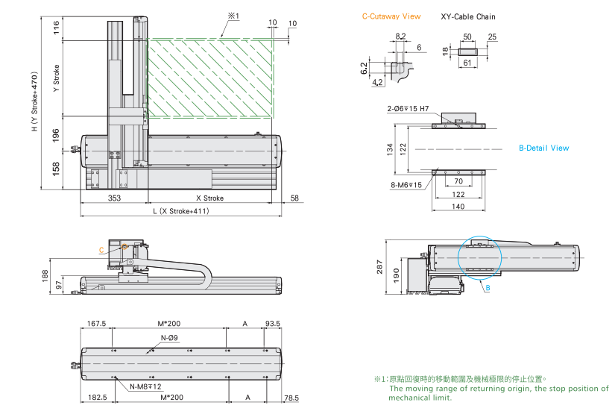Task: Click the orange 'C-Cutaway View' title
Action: (391, 16)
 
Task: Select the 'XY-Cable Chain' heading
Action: (467, 16)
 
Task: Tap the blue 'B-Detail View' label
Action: (543, 148)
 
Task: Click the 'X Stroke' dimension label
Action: (209, 198)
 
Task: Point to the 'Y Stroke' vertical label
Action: (57, 78)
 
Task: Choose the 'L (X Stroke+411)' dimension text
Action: (181, 211)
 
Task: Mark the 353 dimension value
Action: (114, 198)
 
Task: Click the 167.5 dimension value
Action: (97, 323)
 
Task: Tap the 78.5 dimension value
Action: (291, 398)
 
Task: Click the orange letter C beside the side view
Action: (101, 251)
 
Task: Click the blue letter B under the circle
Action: (488, 287)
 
